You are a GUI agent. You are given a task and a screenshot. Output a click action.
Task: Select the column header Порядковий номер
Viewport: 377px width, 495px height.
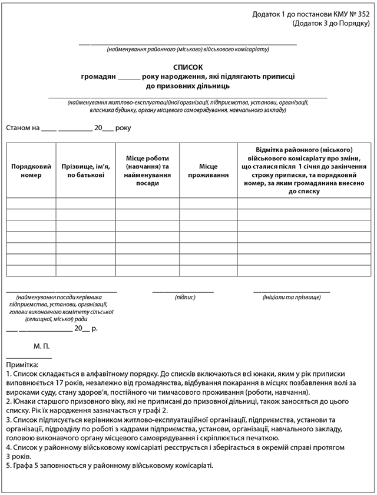point(31,171)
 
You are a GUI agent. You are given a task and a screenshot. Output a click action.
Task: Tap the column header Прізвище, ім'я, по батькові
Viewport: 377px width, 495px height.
point(85,171)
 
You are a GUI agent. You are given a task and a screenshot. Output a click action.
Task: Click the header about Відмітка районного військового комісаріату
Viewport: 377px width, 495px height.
point(304,170)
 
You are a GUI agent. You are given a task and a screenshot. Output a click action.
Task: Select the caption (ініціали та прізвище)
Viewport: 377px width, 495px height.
point(291,298)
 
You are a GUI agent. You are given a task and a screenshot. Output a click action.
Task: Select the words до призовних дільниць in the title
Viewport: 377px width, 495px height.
point(188,86)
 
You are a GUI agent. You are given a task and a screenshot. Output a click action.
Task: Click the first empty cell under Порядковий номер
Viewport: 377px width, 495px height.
point(31,203)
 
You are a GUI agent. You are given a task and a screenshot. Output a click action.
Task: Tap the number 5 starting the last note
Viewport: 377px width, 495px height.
point(8,466)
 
